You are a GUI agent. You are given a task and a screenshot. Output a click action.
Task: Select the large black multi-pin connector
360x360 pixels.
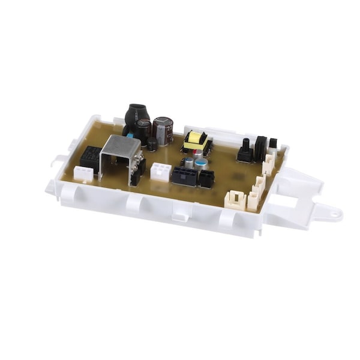[184, 176]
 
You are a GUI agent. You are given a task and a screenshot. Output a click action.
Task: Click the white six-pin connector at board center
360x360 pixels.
[160, 172]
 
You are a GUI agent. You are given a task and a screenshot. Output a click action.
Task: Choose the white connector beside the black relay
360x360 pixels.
[83, 173]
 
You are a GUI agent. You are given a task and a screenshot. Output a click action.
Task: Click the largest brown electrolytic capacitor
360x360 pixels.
[163, 130]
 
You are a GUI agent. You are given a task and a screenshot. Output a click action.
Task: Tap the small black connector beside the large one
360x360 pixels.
[206, 178]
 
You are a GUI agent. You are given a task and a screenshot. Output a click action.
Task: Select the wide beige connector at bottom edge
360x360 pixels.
[235, 200]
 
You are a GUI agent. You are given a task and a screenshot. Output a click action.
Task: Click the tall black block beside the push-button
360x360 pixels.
[260, 148]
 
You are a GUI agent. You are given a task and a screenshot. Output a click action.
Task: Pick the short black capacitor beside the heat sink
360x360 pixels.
[152, 144]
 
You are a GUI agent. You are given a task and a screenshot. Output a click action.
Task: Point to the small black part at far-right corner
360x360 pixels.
[274, 143]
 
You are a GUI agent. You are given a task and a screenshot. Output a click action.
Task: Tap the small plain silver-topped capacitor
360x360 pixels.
[188, 163]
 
